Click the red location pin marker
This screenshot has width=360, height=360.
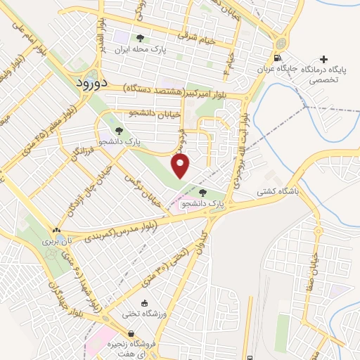click(181, 167)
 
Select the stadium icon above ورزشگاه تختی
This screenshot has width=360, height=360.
click(144, 303)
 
